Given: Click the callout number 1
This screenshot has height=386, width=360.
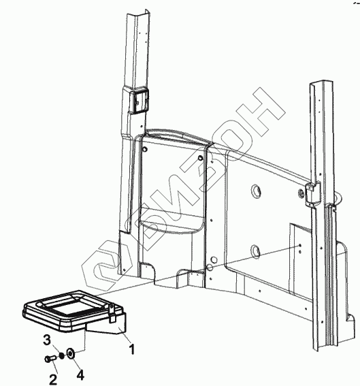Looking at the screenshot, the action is pos(132,349).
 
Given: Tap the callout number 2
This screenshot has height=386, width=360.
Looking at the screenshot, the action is pos(53,379).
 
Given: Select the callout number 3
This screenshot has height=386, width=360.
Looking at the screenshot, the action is pos(47,340).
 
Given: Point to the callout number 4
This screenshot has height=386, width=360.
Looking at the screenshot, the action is pos(80,375).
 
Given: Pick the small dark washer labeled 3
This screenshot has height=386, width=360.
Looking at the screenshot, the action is pos(61,355).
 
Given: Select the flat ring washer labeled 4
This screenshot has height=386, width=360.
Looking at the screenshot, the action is pos(71,353).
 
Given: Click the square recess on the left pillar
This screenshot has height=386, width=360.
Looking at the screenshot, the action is pos(139,101).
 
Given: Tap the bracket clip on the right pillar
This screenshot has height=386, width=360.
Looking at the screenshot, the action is pos(312,193).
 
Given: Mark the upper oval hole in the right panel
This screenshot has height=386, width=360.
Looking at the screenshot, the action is pos(255,191).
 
